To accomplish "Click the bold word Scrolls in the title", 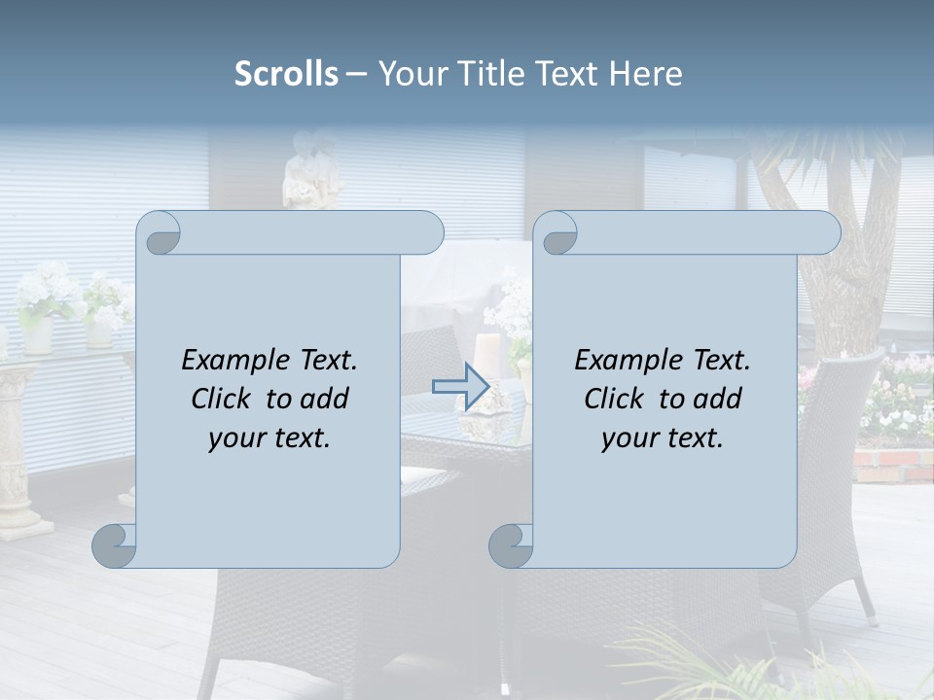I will click(286, 74).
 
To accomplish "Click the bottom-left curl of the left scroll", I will click(115, 545).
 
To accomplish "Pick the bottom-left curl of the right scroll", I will click(512, 545).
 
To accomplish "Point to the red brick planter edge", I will click(891, 465).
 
